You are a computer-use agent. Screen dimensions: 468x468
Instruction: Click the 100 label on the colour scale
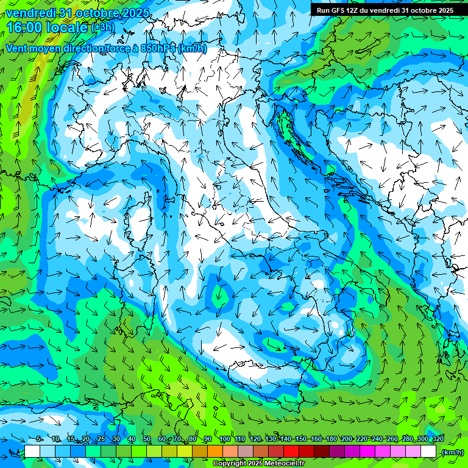(x=225, y=439)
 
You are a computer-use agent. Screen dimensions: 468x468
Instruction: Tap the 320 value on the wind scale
(x=438, y=439)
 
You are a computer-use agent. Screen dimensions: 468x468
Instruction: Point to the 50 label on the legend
(x=147, y=439)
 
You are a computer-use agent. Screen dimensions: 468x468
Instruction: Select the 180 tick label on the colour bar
(x=331, y=439)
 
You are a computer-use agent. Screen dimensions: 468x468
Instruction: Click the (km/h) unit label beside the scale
(x=452, y=452)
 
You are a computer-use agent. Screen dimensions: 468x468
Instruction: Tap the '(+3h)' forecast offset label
(x=102, y=27)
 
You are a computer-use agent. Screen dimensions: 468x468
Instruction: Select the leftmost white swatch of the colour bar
(x=32, y=452)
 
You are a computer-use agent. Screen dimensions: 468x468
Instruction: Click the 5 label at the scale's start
(x=39, y=439)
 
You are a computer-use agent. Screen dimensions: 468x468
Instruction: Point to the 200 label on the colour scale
(x=347, y=439)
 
